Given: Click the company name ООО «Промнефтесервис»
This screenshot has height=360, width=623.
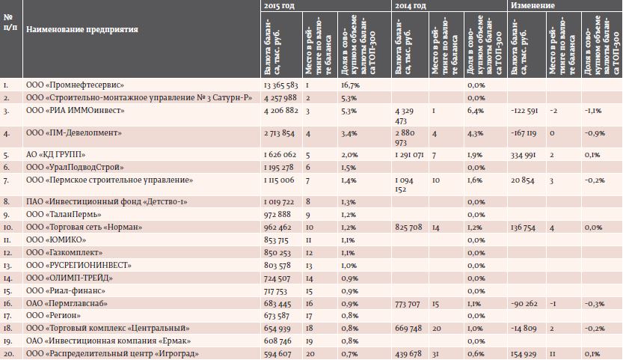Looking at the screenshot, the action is click(x=75, y=85).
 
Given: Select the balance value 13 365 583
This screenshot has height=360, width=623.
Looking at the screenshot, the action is click(x=280, y=85).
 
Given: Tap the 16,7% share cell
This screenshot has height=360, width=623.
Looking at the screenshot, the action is click(x=350, y=85).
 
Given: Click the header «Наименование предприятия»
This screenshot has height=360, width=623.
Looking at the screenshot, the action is click(x=82, y=29).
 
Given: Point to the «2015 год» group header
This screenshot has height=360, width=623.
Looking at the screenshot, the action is click(x=279, y=5).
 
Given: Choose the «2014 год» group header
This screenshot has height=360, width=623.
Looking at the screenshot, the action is click(x=410, y=5).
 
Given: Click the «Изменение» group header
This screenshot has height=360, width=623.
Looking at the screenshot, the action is click(x=533, y=5).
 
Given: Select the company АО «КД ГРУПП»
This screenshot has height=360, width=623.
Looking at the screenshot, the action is click(x=55, y=155).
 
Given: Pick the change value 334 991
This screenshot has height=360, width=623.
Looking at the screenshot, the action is click(x=524, y=155).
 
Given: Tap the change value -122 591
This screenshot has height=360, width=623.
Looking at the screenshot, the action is click(x=524, y=111).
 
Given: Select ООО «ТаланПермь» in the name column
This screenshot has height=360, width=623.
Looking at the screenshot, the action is click(x=64, y=214).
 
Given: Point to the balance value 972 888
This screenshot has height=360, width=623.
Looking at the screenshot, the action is click(x=277, y=214).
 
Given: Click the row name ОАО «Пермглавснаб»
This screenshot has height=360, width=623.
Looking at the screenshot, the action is click(x=67, y=304).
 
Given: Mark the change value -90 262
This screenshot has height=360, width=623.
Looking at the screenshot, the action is click(x=524, y=304).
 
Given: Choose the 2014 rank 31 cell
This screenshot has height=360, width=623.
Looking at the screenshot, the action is click(x=436, y=353).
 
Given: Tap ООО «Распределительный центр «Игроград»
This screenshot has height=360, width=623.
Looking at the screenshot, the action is click(x=112, y=353).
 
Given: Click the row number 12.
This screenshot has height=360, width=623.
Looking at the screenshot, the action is click(x=8, y=253).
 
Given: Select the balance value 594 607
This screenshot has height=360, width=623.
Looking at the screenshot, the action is click(x=277, y=353).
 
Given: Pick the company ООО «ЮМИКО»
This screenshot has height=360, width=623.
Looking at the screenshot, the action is click(x=56, y=240).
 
